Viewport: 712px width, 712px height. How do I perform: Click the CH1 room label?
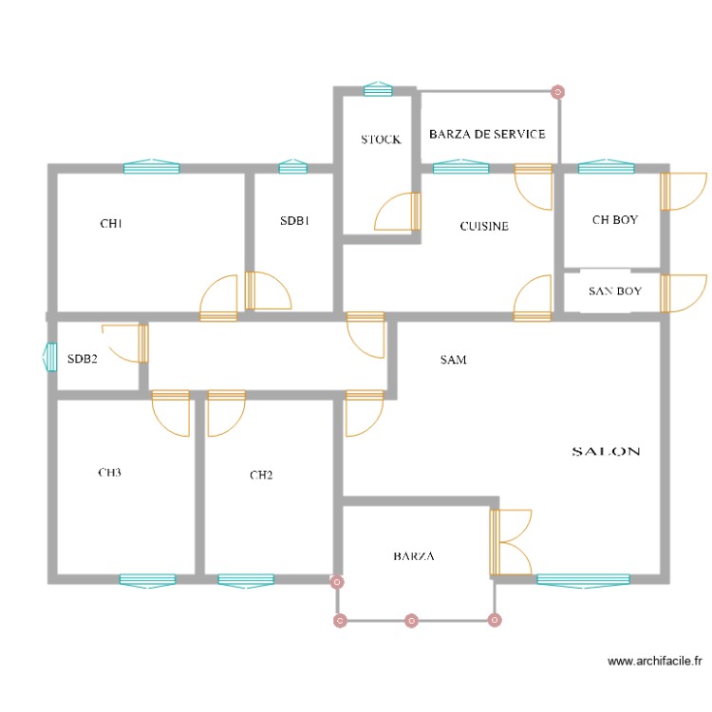[111, 224]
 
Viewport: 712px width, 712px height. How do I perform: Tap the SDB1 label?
[294, 221]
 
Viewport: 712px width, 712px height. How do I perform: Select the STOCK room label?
[381, 140]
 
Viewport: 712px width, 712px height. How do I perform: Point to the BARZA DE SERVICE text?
[487, 134]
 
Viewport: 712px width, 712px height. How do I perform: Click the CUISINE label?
[484, 227]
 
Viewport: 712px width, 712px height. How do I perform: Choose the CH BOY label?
[615, 220]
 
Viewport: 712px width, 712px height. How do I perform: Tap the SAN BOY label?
[614, 291]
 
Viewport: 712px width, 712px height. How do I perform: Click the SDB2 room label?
[83, 359]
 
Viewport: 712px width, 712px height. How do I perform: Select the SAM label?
[453, 360]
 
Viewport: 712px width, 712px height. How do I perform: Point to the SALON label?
[606, 452]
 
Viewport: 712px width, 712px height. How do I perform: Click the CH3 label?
[110, 472]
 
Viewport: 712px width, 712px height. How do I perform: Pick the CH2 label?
[261, 475]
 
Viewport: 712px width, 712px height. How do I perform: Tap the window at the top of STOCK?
[378, 89]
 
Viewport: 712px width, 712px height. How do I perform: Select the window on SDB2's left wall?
[51, 357]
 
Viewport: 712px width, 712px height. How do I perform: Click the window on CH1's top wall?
[151, 168]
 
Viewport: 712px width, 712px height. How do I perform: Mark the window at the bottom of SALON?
[583, 579]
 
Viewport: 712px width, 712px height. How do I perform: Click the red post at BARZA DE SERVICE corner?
[558, 92]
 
